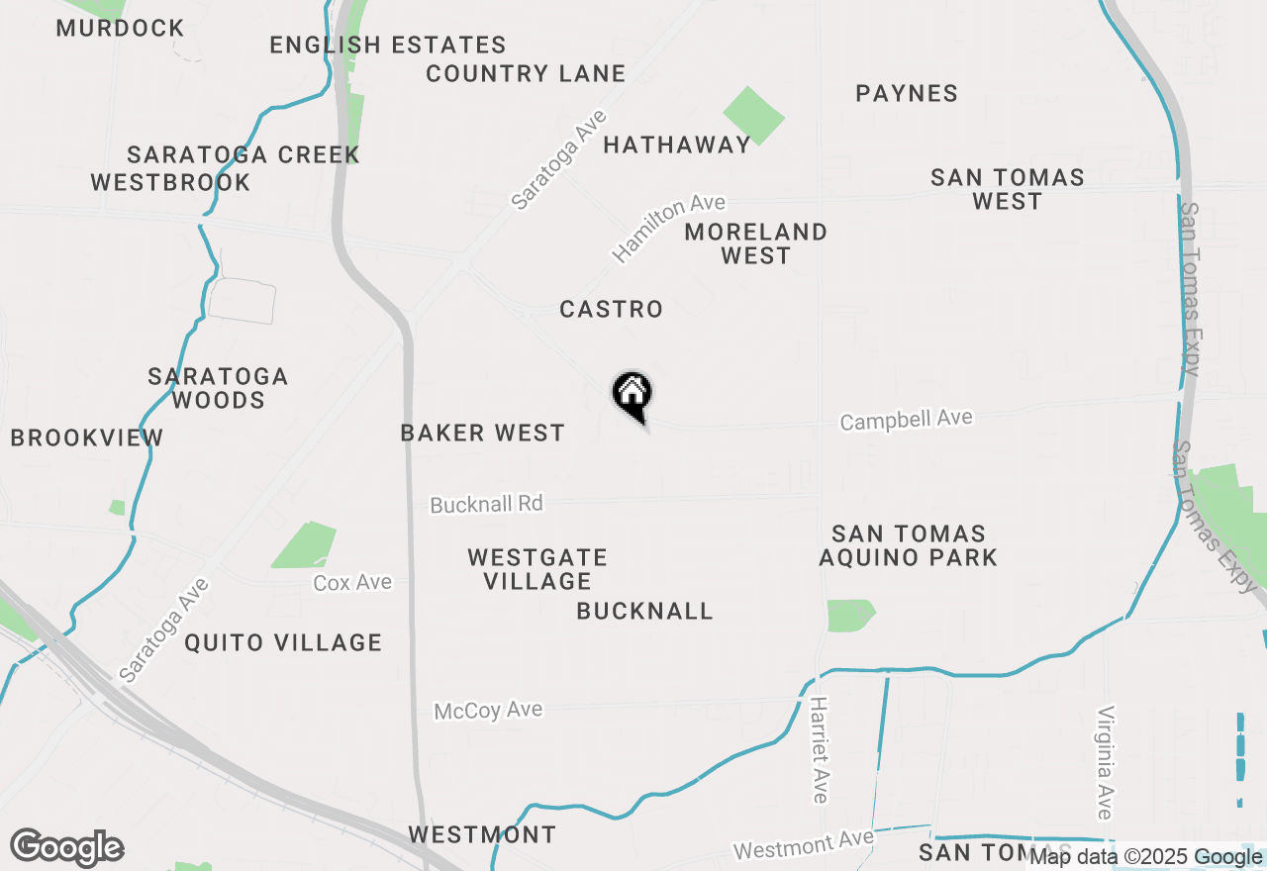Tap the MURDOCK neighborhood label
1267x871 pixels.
(120, 28)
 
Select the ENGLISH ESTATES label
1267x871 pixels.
(388, 46)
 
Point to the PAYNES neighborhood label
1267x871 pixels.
(907, 94)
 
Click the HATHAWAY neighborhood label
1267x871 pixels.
(677, 145)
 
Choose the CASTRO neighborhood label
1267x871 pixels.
(611, 310)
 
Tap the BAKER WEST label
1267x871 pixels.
(482, 434)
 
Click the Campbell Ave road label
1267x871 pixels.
(906, 420)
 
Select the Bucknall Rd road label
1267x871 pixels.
(486, 504)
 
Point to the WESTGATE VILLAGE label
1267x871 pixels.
(537, 569)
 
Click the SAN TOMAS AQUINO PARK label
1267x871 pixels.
(908, 546)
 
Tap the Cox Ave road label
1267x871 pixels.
(352, 583)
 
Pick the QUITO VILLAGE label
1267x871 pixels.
(283, 643)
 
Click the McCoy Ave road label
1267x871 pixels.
(488, 711)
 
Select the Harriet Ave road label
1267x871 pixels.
(819, 749)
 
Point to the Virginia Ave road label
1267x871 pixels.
(1106, 762)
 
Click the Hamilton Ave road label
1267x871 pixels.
(669, 229)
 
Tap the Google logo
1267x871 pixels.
(67, 848)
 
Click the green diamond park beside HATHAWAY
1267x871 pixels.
(753, 116)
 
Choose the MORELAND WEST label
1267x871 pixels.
(755, 243)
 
